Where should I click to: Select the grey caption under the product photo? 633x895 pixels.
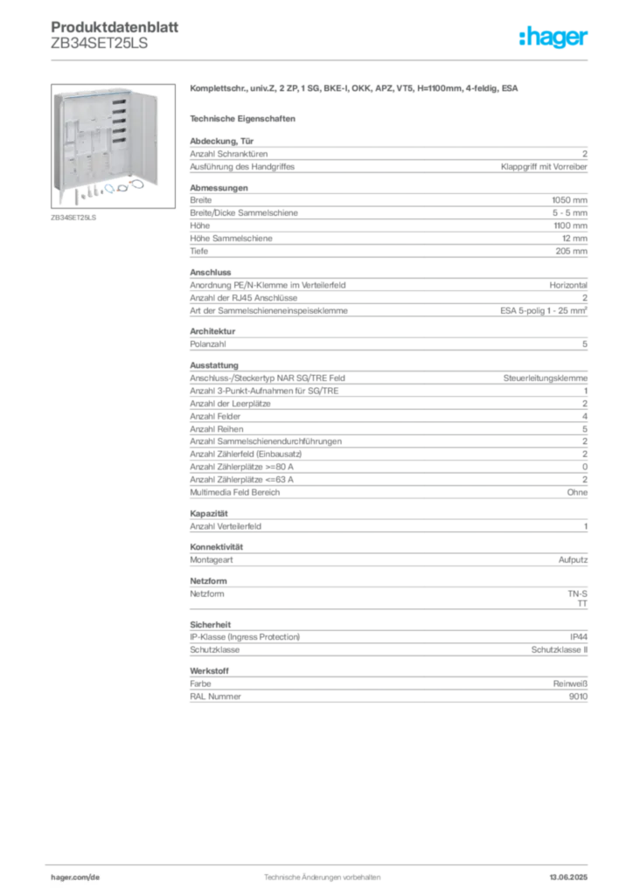[73, 218]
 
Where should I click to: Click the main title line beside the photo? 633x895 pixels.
[357, 90]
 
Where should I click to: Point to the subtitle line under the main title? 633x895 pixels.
[246, 117]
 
